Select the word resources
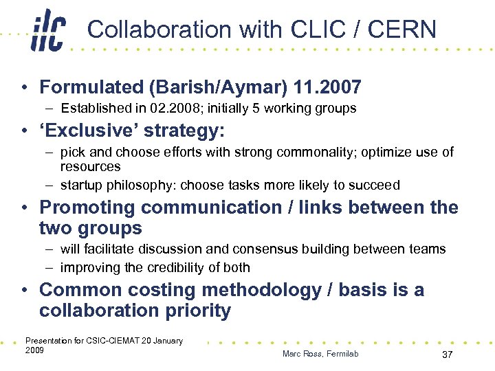(90, 166)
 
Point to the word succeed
(374, 185)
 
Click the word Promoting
(87, 207)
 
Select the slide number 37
(447, 354)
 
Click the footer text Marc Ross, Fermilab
(320, 354)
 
